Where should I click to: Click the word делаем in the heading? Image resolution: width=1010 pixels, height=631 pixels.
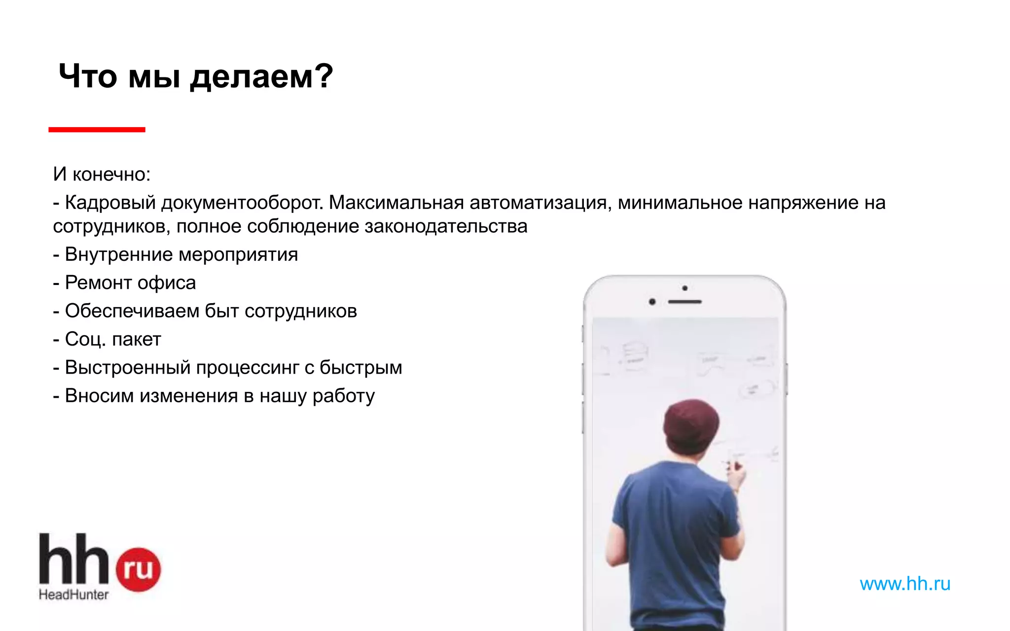pyautogui.click(x=252, y=77)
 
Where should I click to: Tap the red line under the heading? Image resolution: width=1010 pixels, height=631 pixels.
pyautogui.click(x=97, y=130)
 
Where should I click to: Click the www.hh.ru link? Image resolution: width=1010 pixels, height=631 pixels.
pyautogui.click(x=904, y=584)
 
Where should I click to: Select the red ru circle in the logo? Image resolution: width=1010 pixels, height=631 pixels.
pyautogui.click(x=139, y=569)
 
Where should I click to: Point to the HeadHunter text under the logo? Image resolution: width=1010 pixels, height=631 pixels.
pyautogui.click(x=73, y=595)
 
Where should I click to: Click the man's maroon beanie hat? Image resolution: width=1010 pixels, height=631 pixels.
pyautogui.click(x=690, y=424)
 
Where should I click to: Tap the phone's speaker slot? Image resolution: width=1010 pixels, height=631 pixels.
pyautogui.click(x=685, y=302)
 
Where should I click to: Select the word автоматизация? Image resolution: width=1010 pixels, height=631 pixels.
pyautogui.click(x=538, y=203)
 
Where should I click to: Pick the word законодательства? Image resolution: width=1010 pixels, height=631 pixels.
pyautogui.click(x=446, y=226)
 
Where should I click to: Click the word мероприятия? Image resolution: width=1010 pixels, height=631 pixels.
pyautogui.click(x=238, y=255)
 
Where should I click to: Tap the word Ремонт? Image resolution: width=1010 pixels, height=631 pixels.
pyautogui.click(x=98, y=283)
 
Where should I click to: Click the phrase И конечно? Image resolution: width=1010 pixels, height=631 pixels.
pyautogui.click(x=102, y=174)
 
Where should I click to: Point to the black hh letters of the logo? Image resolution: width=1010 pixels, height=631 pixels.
pyautogui.click(x=73, y=560)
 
